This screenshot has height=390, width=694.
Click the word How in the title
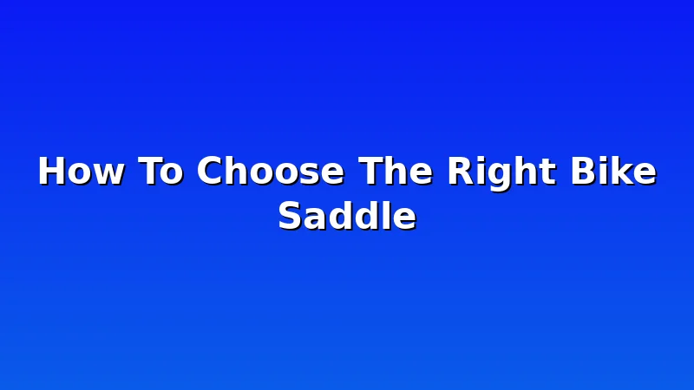coord(81,171)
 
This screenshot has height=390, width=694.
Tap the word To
coord(160,171)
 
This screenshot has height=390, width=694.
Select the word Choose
coord(271,171)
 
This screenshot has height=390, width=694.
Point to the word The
coord(396,171)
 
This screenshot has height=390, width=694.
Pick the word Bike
coord(613,170)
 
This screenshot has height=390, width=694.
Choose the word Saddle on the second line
coord(347,215)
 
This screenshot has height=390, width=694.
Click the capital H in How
coord(52,171)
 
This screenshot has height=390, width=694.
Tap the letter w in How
coord(109,174)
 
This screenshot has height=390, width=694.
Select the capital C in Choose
coord(209,171)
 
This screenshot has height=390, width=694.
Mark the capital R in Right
coord(462,171)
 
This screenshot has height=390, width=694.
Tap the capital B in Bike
coord(584,171)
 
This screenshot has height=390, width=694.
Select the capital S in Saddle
coord(291,215)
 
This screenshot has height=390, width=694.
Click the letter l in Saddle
coord(385,214)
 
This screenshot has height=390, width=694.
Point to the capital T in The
coord(371,171)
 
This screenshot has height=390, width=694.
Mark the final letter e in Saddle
coord(405,219)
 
